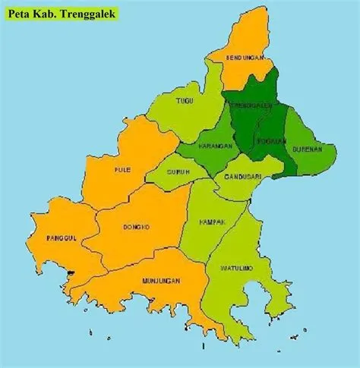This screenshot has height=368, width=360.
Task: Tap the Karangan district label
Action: [x=213, y=145]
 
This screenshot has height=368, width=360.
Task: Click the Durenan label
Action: [x=309, y=149]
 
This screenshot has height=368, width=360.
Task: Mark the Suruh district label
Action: [x=178, y=171]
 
